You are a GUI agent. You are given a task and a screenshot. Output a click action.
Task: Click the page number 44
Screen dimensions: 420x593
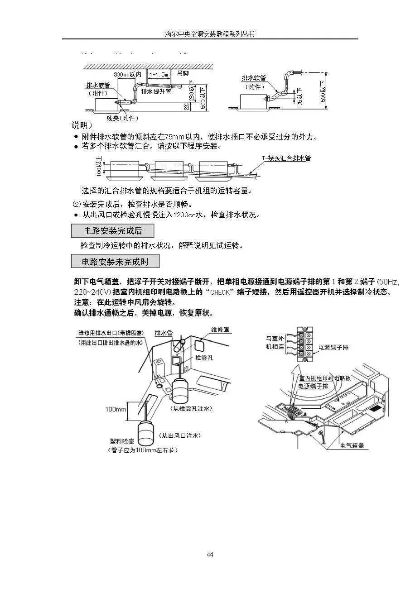(210, 555)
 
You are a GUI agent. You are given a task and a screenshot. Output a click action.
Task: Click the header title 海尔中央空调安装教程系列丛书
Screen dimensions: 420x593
(210, 34)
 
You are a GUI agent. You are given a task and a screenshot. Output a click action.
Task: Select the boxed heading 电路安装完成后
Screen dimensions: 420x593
(113, 231)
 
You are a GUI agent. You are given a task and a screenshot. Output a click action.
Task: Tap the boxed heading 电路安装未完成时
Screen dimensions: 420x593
(115, 262)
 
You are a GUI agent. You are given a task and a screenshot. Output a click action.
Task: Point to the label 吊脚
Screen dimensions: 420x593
(183, 73)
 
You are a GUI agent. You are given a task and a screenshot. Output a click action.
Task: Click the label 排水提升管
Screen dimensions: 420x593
(156, 91)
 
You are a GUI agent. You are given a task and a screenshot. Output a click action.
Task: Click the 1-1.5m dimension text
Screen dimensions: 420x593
(159, 74)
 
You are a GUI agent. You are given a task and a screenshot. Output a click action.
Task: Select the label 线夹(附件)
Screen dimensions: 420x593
(122, 118)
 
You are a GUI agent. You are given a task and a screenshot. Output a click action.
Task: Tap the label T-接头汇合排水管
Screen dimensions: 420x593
(286, 158)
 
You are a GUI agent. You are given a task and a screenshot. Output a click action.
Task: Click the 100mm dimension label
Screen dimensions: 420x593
(116, 409)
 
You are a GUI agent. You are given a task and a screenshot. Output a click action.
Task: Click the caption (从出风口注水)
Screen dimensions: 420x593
(179, 435)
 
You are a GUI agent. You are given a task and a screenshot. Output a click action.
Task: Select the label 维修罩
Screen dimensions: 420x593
(221, 330)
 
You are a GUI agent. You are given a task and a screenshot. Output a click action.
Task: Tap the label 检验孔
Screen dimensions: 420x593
(204, 357)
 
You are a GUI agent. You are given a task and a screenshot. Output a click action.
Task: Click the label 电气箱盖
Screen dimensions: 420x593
(352, 445)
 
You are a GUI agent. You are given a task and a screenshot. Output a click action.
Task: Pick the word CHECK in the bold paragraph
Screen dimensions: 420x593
(225, 292)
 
